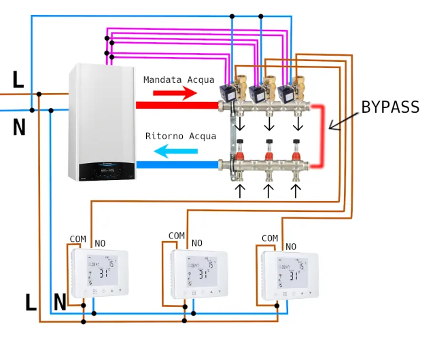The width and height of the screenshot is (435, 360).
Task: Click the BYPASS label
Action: [389, 107]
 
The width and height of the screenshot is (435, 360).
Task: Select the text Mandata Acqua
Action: [179, 79]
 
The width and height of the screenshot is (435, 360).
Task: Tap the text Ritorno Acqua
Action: [181, 136]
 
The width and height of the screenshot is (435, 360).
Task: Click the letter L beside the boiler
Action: [18, 80]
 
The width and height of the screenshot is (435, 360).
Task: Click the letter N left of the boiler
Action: [19, 127]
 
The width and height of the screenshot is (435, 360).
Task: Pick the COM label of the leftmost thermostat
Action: [78, 239]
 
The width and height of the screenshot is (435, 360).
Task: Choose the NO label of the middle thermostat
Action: [197, 243]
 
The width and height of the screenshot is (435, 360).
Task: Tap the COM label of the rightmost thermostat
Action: [270, 238]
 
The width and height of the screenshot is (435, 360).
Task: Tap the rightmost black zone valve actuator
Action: [286, 92]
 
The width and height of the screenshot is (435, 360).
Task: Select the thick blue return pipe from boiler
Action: [177, 164]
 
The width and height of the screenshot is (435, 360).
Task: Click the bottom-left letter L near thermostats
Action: [31, 303]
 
